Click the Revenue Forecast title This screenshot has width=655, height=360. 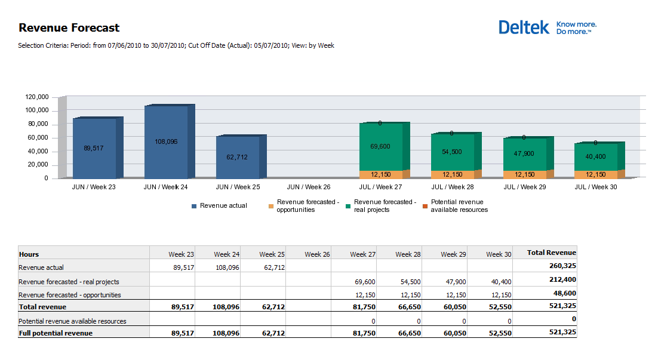click(x=69, y=27)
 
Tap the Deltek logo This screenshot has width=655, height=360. click(x=547, y=27)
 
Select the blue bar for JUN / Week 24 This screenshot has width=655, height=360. click(x=167, y=141)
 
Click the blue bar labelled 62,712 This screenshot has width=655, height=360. click(x=238, y=157)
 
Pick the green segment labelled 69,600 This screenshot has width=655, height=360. click(x=380, y=146)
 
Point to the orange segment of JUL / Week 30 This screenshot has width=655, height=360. click(x=595, y=174)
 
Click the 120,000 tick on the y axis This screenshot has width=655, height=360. click(x=37, y=97)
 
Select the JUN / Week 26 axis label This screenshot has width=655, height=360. click(x=309, y=187)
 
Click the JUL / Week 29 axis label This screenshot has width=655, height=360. click(x=524, y=187)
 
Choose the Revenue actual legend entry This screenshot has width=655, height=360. click(x=219, y=206)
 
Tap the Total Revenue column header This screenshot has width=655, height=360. click(x=551, y=253)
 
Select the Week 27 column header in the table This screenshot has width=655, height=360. click(x=363, y=254)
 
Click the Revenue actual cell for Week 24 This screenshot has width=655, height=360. click(x=226, y=267)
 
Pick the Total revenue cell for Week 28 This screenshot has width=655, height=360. click(x=408, y=307)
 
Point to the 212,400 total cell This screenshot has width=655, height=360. click(x=563, y=281)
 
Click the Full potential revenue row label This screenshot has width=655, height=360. click(x=56, y=333)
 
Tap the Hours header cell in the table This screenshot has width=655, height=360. click(x=29, y=254)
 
